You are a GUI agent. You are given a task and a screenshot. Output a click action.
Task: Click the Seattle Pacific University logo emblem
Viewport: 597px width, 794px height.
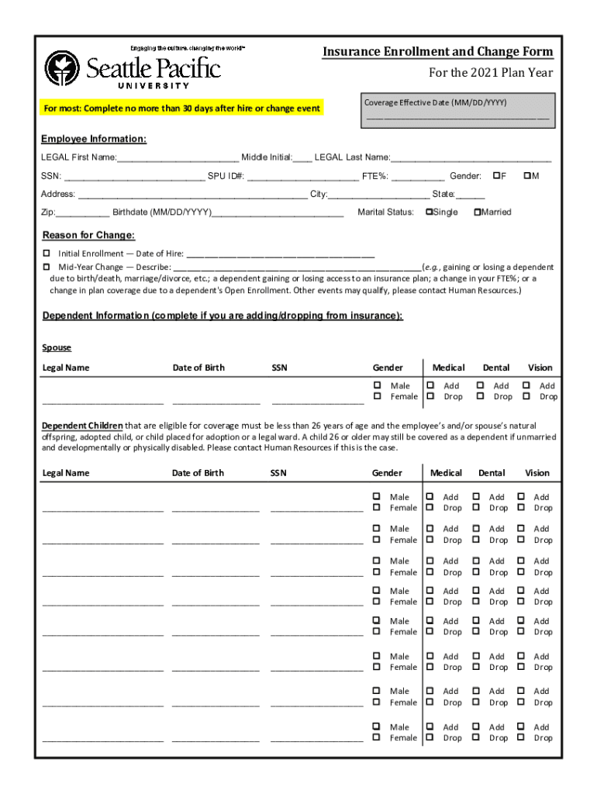pos(62,69)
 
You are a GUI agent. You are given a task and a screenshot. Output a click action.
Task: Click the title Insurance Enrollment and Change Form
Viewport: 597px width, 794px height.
pos(438,52)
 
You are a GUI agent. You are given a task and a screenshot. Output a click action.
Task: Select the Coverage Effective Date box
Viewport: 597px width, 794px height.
pos(458,110)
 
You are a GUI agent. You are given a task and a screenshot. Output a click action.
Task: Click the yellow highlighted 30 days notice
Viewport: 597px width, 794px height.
pos(181,109)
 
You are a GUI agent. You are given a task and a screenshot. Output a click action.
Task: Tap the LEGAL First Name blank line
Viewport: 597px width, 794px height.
pos(178,158)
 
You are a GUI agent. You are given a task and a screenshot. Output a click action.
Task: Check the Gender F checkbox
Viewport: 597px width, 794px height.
pos(496,176)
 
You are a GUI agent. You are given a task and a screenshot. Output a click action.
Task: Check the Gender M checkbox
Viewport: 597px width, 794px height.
pos(527,176)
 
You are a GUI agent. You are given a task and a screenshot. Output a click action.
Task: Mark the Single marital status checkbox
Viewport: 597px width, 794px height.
pos(429,212)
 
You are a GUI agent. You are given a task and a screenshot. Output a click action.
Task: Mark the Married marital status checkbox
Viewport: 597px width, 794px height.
pos(477,212)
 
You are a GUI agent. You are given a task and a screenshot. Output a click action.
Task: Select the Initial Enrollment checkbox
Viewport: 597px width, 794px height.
pos(47,254)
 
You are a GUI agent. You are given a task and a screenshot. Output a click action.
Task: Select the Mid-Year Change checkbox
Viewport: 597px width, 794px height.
pos(47,266)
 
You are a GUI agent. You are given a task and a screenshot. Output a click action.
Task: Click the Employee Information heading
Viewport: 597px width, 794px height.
pos(94,139)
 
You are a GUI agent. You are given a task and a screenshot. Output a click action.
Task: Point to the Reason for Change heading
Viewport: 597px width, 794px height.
pos(88,235)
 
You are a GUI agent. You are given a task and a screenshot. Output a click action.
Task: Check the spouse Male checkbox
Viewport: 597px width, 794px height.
pos(378,385)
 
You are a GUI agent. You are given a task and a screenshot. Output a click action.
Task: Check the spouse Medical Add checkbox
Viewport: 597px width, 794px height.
pos(430,385)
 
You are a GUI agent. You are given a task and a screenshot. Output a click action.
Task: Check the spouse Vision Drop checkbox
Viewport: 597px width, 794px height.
pos(527,396)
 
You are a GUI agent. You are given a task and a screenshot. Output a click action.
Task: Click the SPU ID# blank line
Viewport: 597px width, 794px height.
pos(303,177)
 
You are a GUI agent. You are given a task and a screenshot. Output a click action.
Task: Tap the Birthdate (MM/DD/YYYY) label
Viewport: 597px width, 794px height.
pos(161,212)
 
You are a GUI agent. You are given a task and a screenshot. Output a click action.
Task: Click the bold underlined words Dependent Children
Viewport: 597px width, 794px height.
pos(81,426)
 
